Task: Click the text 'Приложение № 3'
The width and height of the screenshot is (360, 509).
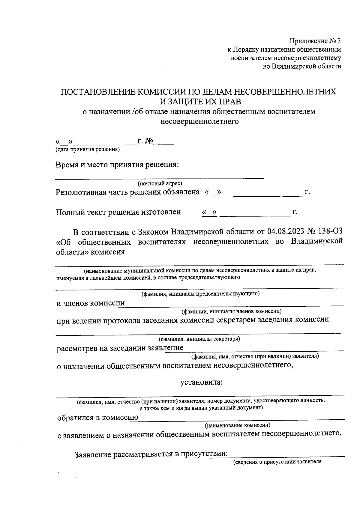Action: tap(315, 40)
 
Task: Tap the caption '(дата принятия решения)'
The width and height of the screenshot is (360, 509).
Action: tap(87, 149)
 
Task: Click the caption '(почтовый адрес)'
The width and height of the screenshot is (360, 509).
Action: tap(160, 183)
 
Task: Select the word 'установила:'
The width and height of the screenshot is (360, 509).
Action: tap(201, 382)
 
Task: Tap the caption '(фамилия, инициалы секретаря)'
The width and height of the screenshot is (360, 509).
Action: tap(199, 339)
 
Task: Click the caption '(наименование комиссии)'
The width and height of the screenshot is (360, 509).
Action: tap(237, 425)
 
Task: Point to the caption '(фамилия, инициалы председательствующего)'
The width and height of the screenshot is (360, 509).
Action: tap(200, 293)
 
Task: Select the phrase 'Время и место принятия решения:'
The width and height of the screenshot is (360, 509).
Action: tap(117, 165)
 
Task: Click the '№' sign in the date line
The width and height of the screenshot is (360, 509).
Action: tap(149, 141)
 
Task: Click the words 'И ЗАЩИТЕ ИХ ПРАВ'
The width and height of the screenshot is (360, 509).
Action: tap(200, 102)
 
